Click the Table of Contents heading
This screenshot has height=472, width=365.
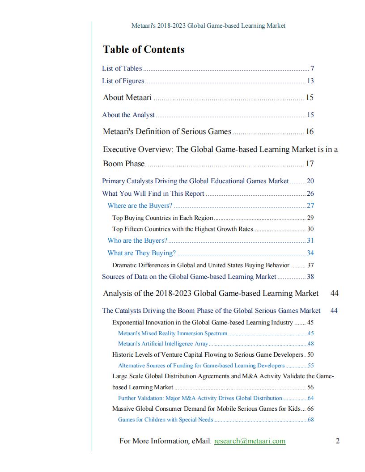click(x=144, y=50)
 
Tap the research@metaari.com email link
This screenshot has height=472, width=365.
click(x=250, y=441)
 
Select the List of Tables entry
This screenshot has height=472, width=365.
click(x=122, y=68)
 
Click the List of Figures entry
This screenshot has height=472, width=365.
click(x=123, y=81)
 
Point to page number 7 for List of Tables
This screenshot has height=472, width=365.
click(x=312, y=68)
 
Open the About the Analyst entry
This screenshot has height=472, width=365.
click(x=128, y=115)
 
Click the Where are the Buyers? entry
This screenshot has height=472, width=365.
click(x=140, y=206)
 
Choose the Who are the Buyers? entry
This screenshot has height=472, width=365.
click(x=137, y=240)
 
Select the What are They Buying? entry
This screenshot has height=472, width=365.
click(x=142, y=253)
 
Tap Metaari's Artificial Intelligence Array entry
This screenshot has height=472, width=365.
click(x=163, y=344)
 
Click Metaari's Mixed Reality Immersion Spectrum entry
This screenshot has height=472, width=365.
click(x=173, y=333)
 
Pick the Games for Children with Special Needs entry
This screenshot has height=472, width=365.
click(x=166, y=420)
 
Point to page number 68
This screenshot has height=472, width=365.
click(x=310, y=420)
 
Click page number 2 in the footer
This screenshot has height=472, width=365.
click(x=338, y=441)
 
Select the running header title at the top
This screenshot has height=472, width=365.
click(x=208, y=26)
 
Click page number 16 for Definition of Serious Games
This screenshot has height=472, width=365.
click(x=310, y=132)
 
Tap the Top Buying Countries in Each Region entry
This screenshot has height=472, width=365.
click(x=163, y=218)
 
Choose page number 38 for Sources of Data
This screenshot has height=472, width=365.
click(x=310, y=277)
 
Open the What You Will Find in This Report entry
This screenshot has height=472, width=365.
click(x=153, y=194)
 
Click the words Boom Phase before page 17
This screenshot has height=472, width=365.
click(x=124, y=164)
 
